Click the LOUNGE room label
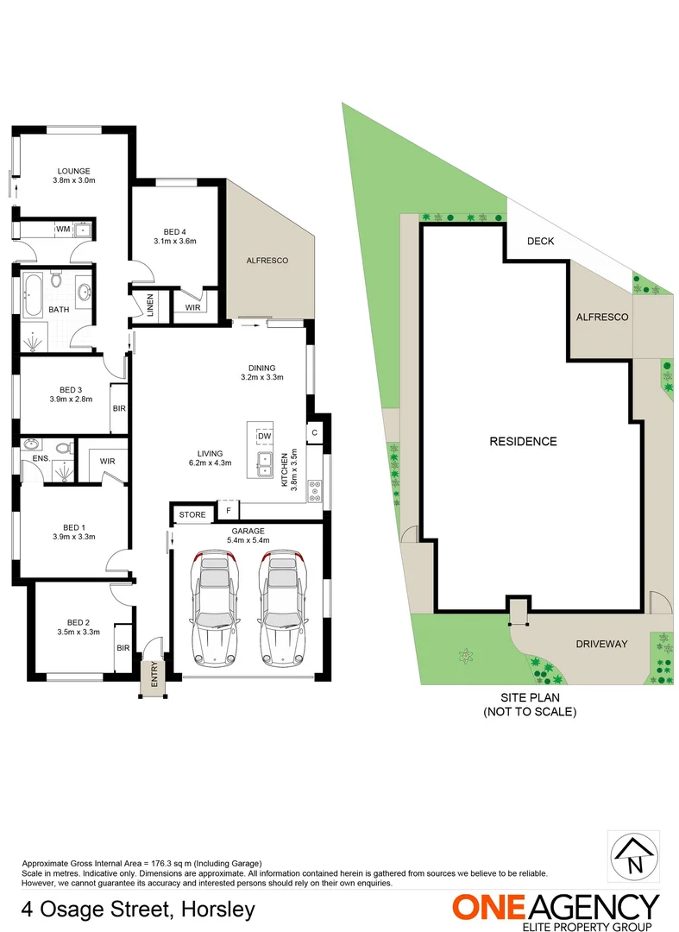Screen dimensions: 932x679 pyautogui.click(x=74, y=171)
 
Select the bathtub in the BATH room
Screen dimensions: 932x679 pyautogui.click(x=34, y=294)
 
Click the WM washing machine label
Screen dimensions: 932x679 pyautogui.click(x=63, y=230)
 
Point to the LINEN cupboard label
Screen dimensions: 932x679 pyautogui.click(x=150, y=305)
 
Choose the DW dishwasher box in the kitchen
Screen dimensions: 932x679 pyautogui.click(x=263, y=436)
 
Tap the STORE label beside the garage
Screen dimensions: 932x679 pyautogui.click(x=192, y=514)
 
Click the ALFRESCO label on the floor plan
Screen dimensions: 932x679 pyautogui.click(x=267, y=260)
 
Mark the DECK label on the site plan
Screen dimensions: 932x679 pyautogui.click(x=540, y=242)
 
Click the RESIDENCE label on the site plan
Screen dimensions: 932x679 pyautogui.click(x=523, y=441)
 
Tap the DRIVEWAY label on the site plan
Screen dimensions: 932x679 pyautogui.click(x=601, y=644)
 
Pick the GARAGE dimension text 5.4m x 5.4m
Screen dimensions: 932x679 pyautogui.click(x=248, y=540)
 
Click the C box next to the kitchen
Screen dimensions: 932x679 pyautogui.click(x=315, y=432)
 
